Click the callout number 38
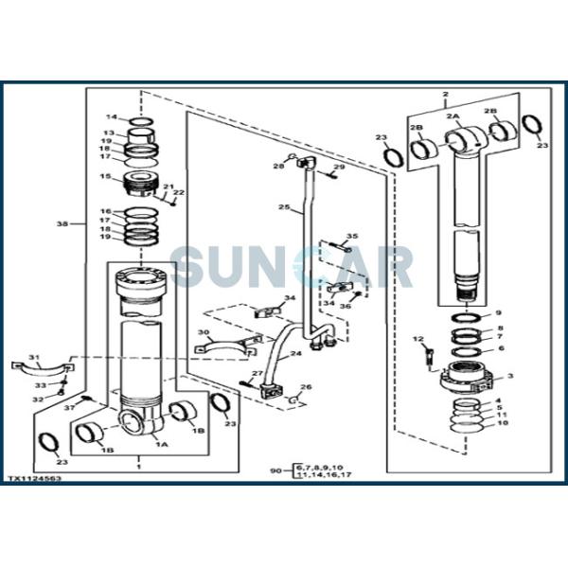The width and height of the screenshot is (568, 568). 62,224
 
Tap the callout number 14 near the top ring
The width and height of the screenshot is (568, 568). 110,117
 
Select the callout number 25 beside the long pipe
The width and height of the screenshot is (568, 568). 283,206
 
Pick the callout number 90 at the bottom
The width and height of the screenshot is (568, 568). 275,470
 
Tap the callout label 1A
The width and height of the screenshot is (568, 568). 162,443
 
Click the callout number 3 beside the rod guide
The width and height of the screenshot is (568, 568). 511,376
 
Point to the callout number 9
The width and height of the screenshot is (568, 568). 499,313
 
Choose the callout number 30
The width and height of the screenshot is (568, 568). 203,332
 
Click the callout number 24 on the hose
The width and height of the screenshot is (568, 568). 296,355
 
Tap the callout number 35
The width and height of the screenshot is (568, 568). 352,236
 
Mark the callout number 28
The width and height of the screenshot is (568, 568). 278,167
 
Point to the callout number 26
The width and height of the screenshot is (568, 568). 306,386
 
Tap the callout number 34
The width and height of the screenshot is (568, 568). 290,299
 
